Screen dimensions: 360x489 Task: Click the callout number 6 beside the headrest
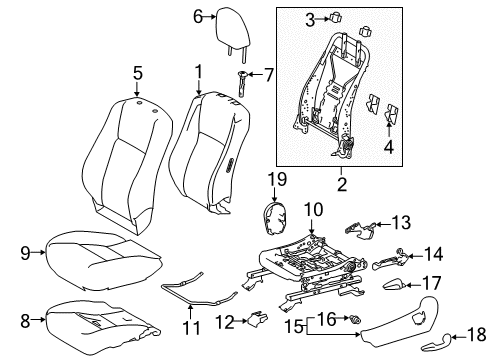click(x=197, y=15)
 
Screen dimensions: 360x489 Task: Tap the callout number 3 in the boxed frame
click(x=337, y=17)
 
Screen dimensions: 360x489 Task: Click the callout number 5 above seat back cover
click(x=137, y=72)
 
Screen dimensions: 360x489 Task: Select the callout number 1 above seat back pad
click(x=199, y=72)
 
